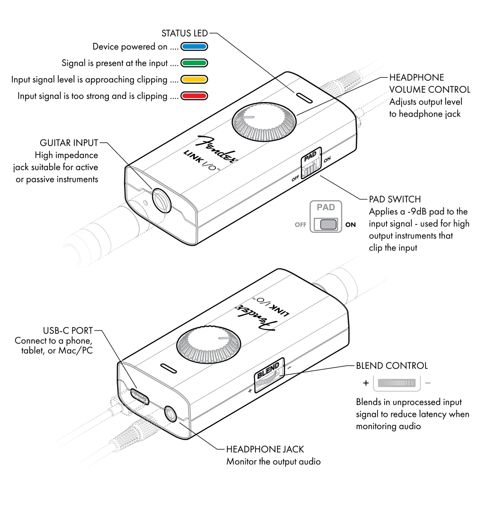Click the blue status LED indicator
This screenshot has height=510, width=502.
tap(194, 47)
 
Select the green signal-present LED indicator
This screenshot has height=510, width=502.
tap(194, 63)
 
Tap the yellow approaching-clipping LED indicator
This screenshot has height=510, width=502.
tap(194, 79)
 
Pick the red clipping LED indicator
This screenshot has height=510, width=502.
tap(194, 96)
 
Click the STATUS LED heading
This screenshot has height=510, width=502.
tap(184, 34)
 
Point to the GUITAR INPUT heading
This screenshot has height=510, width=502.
tap(69, 143)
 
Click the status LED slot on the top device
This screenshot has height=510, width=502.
tap(304, 97)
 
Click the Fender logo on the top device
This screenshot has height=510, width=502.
tap(217, 149)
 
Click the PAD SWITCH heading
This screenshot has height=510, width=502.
tap(394, 199)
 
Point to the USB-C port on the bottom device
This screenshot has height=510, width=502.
tap(140, 396)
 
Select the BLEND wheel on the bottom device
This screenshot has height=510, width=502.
tap(269, 374)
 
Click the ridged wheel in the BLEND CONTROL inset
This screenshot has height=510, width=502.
tap(397, 383)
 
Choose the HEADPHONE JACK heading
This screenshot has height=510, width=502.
tap(265, 449)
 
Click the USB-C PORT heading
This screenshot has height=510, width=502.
tap(68, 331)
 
